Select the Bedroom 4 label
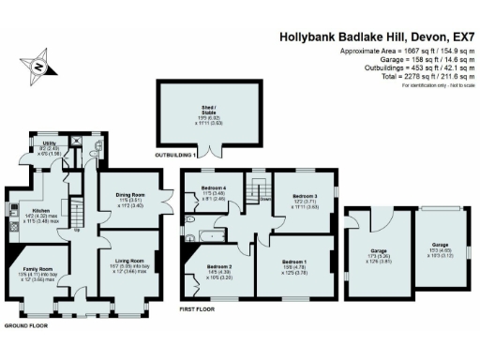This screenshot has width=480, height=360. tap(212, 191)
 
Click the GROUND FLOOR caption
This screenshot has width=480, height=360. tap(25, 325)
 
